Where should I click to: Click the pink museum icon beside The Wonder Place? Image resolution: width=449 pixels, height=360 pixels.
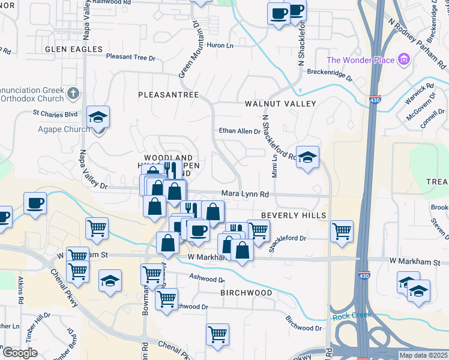click(x=404, y=60)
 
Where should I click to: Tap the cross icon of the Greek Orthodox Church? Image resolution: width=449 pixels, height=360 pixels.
click(x=73, y=94)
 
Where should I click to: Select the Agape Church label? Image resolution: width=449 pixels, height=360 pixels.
click(x=68, y=129)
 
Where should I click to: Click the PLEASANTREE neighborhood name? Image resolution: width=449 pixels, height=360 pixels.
click(x=168, y=95)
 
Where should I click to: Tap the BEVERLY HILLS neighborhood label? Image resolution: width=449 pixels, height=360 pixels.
click(x=294, y=215)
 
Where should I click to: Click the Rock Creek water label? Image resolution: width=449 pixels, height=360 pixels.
click(x=352, y=316)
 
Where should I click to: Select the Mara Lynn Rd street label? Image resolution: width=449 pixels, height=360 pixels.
click(x=245, y=194)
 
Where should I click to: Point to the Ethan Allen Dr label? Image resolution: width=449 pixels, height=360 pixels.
click(x=239, y=131)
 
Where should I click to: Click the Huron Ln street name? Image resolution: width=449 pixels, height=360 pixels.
click(x=219, y=45)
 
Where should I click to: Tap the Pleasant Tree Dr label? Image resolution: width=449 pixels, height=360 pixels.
click(x=130, y=58)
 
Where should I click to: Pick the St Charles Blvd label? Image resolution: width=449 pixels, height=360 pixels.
click(x=55, y=113)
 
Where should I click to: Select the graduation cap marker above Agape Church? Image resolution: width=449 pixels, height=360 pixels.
click(x=98, y=117)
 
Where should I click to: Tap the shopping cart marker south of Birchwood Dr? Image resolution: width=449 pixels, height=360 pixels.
click(x=217, y=335)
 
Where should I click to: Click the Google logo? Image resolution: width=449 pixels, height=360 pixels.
click(x=20, y=353)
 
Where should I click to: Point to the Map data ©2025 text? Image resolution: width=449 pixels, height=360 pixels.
click(x=423, y=355)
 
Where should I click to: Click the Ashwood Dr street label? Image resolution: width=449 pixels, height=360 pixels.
click(x=207, y=279)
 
